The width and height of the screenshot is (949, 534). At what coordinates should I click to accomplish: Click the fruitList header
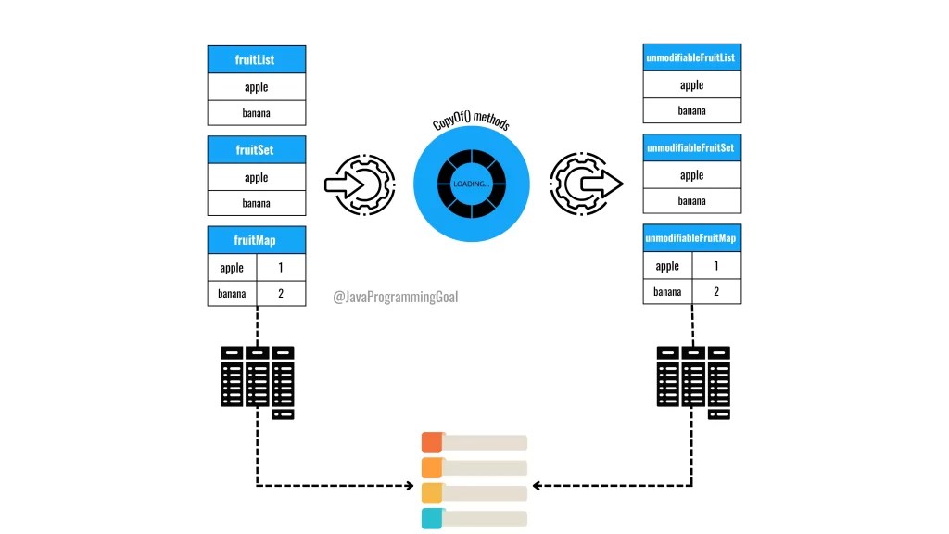pyautogui.click(x=256, y=60)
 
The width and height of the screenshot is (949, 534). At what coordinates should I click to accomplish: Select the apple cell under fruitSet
pyautogui.click(x=256, y=177)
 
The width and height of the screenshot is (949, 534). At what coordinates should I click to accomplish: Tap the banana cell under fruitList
pyautogui.click(x=256, y=114)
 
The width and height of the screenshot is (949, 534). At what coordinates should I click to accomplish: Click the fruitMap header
pyautogui.click(x=256, y=240)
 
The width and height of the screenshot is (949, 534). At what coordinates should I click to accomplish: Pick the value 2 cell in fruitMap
pyautogui.click(x=279, y=294)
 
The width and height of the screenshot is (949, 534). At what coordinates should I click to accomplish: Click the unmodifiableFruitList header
pyautogui.click(x=691, y=58)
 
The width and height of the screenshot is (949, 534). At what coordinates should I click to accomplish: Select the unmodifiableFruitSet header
pyautogui.click(x=691, y=148)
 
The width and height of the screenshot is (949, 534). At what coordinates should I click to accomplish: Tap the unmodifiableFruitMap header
pyautogui.click(x=691, y=238)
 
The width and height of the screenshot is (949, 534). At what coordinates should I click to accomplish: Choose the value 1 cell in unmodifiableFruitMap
pyautogui.click(x=715, y=266)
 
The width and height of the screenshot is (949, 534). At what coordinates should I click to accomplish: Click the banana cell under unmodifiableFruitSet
pyautogui.click(x=691, y=200)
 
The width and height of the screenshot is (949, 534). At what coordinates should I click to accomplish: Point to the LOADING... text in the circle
pyautogui.click(x=471, y=184)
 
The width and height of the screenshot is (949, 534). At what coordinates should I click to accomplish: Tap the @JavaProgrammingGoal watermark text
pyautogui.click(x=396, y=298)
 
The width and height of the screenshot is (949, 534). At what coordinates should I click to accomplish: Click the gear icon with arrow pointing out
pyautogui.click(x=584, y=184)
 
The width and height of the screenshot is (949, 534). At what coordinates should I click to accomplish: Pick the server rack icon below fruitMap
pyautogui.click(x=257, y=381)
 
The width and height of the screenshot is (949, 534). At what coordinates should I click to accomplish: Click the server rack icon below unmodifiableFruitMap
pyautogui.click(x=692, y=381)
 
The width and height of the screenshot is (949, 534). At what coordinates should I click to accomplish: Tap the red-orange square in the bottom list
pyautogui.click(x=432, y=441)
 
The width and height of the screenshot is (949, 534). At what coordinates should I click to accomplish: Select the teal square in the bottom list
pyautogui.click(x=432, y=518)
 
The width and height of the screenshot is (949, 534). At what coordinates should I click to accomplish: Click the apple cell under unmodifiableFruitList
pyautogui.click(x=691, y=85)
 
